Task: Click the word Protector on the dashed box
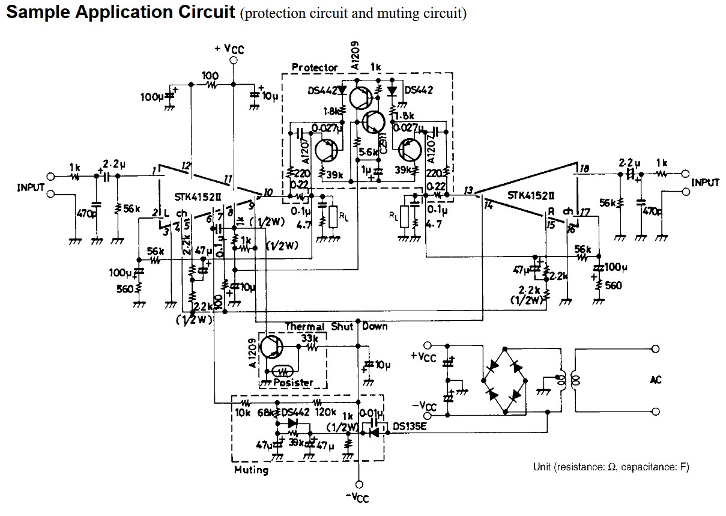point(314,67)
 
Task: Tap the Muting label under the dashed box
point(251,469)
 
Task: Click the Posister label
point(293,382)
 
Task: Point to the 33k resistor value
point(309,338)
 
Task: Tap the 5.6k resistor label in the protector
point(368,153)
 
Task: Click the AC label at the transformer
point(656,380)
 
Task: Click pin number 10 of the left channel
point(267,192)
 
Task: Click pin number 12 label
point(187,165)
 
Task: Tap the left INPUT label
point(31,187)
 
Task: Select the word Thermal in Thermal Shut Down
point(304,327)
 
